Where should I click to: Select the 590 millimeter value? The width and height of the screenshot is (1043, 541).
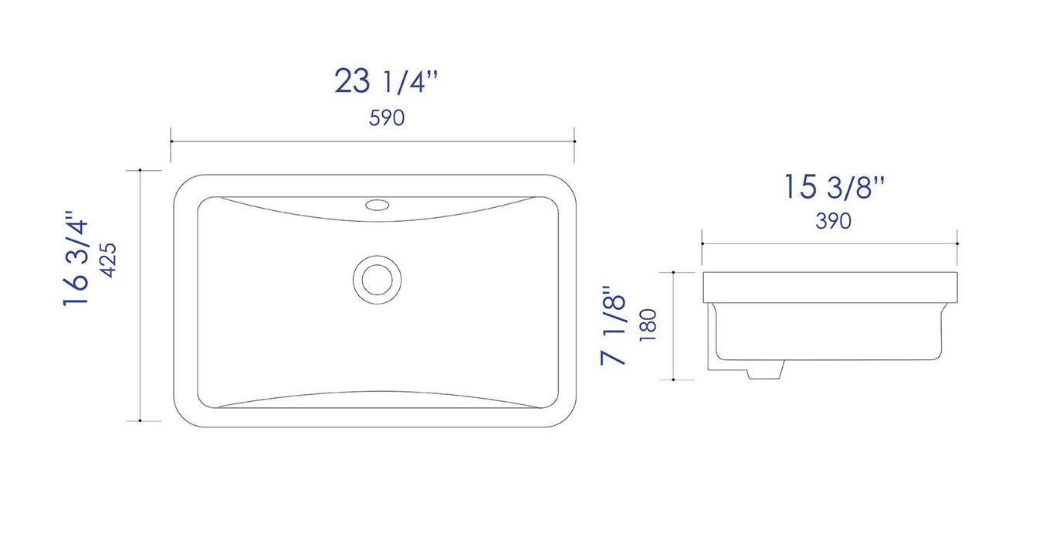pyautogui.click(x=387, y=118)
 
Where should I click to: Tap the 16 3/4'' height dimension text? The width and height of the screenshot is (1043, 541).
pyautogui.click(x=76, y=260)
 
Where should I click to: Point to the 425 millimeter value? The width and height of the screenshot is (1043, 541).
pyautogui.click(x=107, y=261)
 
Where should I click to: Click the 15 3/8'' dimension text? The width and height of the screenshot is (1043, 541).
pyautogui.click(x=834, y=188)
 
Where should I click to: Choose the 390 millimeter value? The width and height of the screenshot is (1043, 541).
pyautogui.click(x=833, y=221)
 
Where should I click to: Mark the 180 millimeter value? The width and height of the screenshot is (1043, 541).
pyautogui.click(x=648, y=325)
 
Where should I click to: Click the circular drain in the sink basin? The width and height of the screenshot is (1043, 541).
pyautogui.click(x=378, y=277)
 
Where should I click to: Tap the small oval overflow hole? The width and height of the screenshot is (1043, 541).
pyautogui.click(x=378, y=205)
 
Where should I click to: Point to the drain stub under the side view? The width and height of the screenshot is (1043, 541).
pyautogui.click(x=764, y=370)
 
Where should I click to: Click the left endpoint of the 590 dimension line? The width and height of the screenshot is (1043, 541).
pyautogui.click(x=171, y=141)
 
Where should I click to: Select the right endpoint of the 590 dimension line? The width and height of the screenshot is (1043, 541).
pyautogui.click(x=575, y=141)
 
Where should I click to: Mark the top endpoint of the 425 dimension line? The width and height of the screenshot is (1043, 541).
pyautogui.click(x=140, y=170)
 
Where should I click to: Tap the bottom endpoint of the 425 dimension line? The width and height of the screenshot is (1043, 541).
pyautogui.click(x=140, y=420)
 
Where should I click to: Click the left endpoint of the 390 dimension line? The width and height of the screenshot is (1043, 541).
pyautogui.click(x=702, y=243)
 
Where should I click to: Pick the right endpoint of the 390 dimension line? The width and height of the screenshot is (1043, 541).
pyautogui.click(x=957, y=243)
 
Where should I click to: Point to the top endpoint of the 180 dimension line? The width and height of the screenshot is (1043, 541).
pyautogui.click(x=674, y=272)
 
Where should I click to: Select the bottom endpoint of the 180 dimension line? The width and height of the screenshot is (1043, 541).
pyautogui.click(x=674, y=379)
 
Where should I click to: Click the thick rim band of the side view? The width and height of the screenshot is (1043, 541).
pyautogui.click(x=830, y=287)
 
